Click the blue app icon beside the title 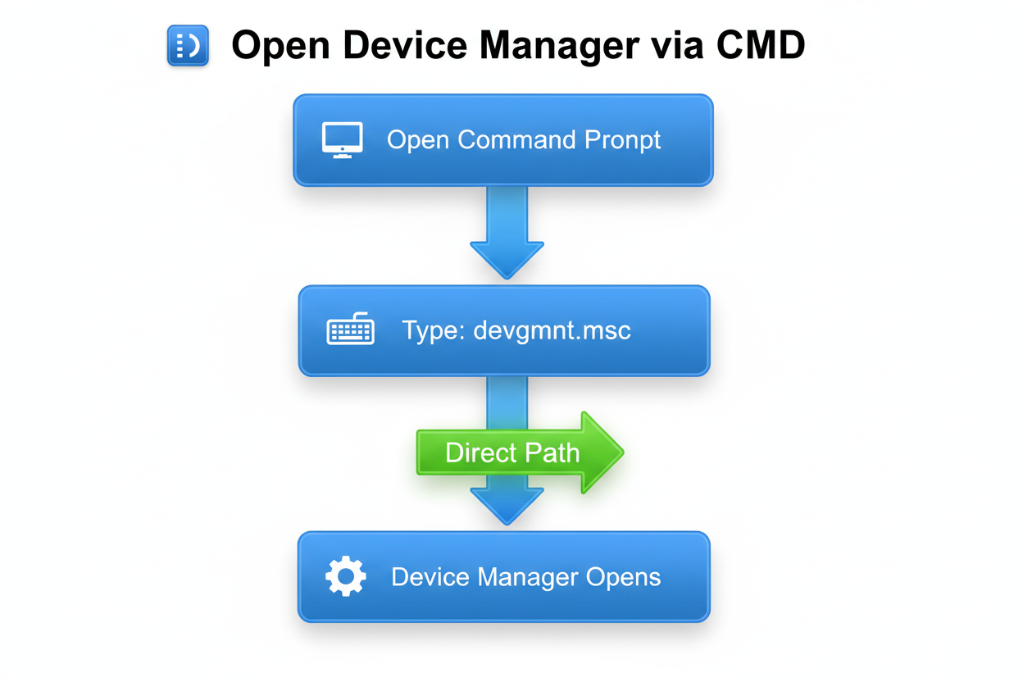pyautogui.click(x=188, y=45)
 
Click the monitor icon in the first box pyautogui.click(x=342, y=140)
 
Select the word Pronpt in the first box pyautogui.click(x=623, y=140)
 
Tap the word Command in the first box pyautogui.click(x=516, y=139)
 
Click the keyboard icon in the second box pyautogui.click(x=350, y=331)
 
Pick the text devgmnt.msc pyautogui.click(x=552, y=331)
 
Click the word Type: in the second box pyautogui.click(x=434, y=332)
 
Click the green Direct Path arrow pyautogui.click(x=520, y=452)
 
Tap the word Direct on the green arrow pyautogui.click(x=480, y=452)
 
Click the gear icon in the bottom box pyautogui.click(x=345, y=576)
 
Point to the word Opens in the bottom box pyautogui.click(x=623, y=577)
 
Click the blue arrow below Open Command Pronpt pyautogui.click(x=507, y=230)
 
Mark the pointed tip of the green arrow pyautogui.click(x=622, y=452)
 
